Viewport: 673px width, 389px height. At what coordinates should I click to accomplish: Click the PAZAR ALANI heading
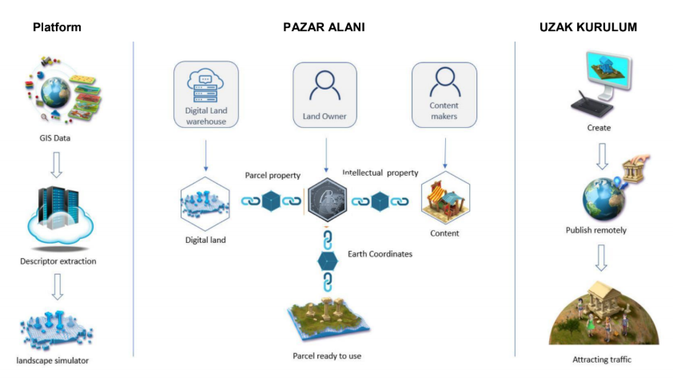(324, 27)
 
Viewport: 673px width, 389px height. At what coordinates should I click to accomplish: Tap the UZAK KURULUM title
(588, 27)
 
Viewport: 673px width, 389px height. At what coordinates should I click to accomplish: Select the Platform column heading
(57, 27)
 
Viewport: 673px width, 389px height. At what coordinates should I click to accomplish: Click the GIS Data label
(55, 138)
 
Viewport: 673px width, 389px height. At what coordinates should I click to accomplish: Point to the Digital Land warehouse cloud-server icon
(205, 85)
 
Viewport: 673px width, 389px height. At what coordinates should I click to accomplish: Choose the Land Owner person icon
(325, 85)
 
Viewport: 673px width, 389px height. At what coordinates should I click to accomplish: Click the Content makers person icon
(445, 82)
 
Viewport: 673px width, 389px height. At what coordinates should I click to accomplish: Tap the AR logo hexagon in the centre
(328, 200)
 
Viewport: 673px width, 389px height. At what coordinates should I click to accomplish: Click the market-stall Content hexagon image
(445, 198)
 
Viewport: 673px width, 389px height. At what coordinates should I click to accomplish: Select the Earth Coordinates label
(380, 254)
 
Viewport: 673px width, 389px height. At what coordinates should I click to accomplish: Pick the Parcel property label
(273, 176)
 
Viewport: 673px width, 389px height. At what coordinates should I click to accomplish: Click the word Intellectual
(363, 173)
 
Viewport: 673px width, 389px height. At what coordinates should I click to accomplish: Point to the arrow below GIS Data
(56, 165)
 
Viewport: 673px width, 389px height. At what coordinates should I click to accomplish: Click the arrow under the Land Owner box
(326, 155)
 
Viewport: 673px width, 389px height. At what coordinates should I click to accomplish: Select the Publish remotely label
(595, 230)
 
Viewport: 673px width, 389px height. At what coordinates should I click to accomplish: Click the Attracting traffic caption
(602, 359)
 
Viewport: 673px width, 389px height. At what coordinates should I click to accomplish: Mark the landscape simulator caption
(53, 361)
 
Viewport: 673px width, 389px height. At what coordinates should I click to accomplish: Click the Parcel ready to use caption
(327, 356)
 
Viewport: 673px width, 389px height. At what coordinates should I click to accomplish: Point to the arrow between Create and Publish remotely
(602, 156)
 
